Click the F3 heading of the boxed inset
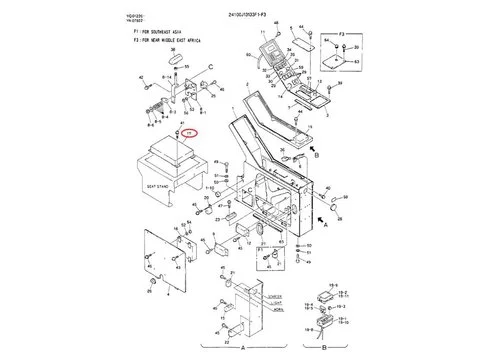341,32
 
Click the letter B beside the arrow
316,155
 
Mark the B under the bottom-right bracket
325,348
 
